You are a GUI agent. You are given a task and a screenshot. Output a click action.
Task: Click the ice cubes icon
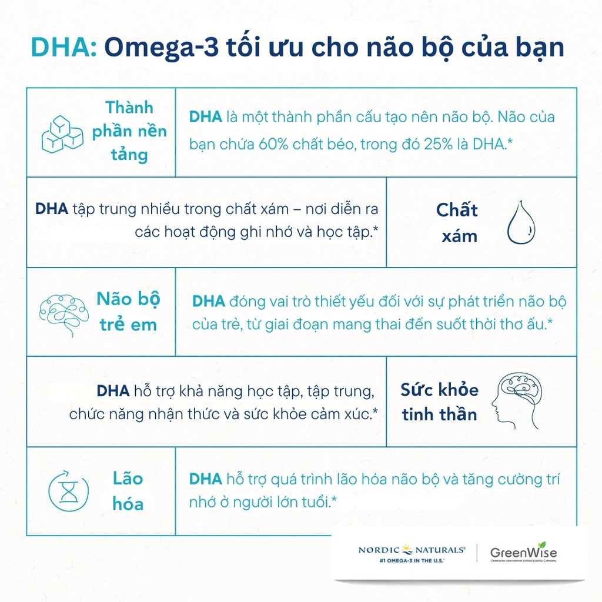[x=62, y=133]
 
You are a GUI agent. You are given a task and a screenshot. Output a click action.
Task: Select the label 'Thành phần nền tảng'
[x=129, y=131]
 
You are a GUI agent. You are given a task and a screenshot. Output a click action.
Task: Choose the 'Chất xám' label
[x=457, y=223]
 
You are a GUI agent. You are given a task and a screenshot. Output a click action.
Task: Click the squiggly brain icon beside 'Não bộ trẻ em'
[x=64, y=312]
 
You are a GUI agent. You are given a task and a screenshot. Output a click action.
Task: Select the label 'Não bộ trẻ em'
[x=128, y=311]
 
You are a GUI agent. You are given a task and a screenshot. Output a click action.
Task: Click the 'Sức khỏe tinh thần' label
[x=440, y=402]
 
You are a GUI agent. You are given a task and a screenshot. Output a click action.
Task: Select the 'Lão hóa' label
[x=128, y=491]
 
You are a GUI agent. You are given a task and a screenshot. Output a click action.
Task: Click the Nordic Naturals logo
[x=412, y=550]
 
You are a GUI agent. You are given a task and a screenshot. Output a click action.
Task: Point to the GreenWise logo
[x=523, y=552]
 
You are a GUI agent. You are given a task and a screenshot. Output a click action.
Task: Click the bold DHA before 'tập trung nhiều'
[x=52, y=209]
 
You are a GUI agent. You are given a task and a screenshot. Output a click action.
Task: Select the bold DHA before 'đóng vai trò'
[x=209, y=302]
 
